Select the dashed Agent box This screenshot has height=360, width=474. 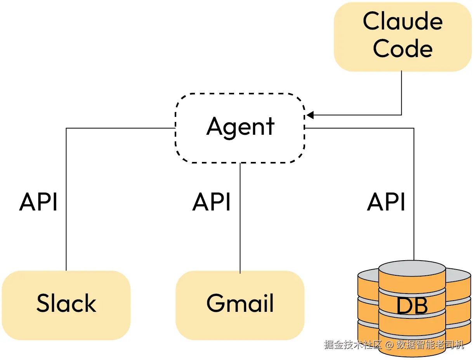tap(240, 128)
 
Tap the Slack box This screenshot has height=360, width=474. tap(66, 305)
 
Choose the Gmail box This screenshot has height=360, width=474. tap(240, 305)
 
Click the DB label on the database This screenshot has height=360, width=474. tap(412, 306)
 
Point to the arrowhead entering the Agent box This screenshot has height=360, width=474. tap(310, 115)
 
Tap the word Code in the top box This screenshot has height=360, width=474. tap(403, 49)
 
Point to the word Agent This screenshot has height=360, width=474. tap(240, 127)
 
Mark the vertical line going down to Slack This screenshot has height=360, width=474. tap(66, 233)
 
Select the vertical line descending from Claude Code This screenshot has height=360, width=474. tap(401, 93)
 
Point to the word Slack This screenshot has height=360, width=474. tap(66, 303)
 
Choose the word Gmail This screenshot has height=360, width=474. tap(240, 303)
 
